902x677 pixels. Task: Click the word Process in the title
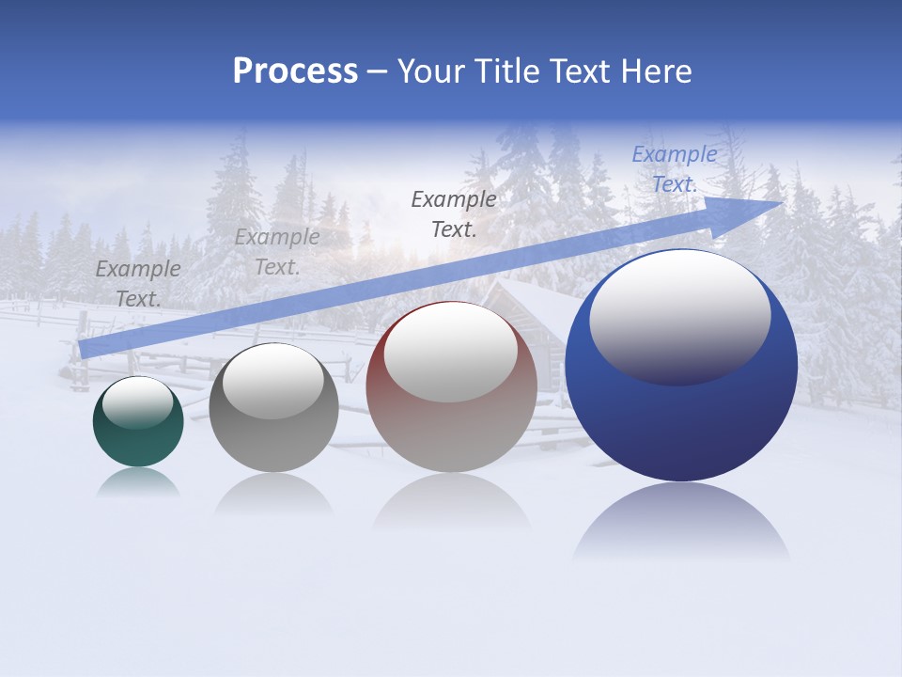tap(295, 71)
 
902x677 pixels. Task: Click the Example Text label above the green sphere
tap(138, 284)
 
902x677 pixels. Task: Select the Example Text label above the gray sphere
tap(277, 252)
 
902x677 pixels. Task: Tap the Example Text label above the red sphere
tap(454, 213)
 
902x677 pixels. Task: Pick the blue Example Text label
tap(675, 169)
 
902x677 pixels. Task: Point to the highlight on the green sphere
tap(137, 402)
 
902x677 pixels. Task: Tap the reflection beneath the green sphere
tap(138, 482)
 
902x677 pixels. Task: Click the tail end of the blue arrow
tap(86, 348)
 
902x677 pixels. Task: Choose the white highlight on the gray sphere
tap(273, 381)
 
